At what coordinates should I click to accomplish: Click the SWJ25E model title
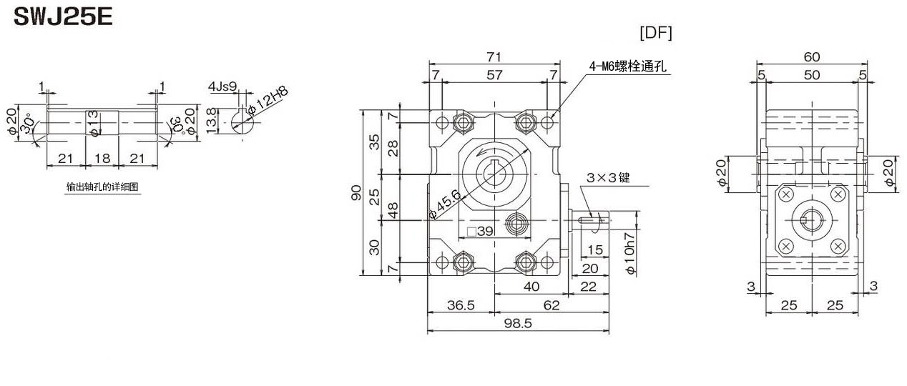coord(63,18)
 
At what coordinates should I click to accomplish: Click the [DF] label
coord(655,32)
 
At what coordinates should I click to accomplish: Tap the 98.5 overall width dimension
coord(518,323)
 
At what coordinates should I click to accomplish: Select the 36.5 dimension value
coord(461,305)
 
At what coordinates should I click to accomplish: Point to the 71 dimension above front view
coord(494,56)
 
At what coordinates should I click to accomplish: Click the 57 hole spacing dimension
coord(494,75)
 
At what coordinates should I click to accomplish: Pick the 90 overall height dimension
coord(356,192)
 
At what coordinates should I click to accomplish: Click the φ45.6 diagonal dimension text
coord(445,204)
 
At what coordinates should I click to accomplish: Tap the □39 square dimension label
coord(480,231)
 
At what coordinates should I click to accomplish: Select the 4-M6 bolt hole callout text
coord(627,66)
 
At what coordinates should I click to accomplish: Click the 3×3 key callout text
coord(608,177)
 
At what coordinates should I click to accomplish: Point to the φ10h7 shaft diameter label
coord(630,253)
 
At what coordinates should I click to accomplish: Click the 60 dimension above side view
coord(812,56)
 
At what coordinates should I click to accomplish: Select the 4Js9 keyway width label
coord(222,86)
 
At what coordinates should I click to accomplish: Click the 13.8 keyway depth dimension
coord(211,121)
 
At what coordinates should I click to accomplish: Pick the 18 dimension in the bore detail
coord(102,158)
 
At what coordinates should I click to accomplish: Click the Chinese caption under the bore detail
coord(102,187)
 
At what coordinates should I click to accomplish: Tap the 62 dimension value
coord(551,305)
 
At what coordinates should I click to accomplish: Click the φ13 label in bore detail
coord(93,123)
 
